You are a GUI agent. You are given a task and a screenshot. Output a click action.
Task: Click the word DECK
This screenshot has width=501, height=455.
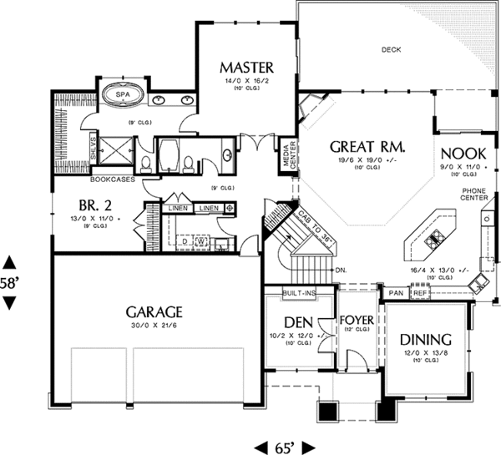[x=391, y=49]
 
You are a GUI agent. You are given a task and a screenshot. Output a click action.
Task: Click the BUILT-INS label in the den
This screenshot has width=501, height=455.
[x=299, y=294]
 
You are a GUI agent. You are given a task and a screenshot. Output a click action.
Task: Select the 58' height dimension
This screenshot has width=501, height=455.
[x=10, y=283]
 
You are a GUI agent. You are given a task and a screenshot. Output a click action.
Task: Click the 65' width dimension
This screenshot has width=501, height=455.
[x=282, y=446]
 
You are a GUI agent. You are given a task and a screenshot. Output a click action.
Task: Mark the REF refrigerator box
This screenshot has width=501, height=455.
[x=419, y=294]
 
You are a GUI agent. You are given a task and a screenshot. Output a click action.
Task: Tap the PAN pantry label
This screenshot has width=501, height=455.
[x=396, y=294]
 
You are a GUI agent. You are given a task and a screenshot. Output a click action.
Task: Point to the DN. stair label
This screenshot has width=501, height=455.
[x=340, y=270]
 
